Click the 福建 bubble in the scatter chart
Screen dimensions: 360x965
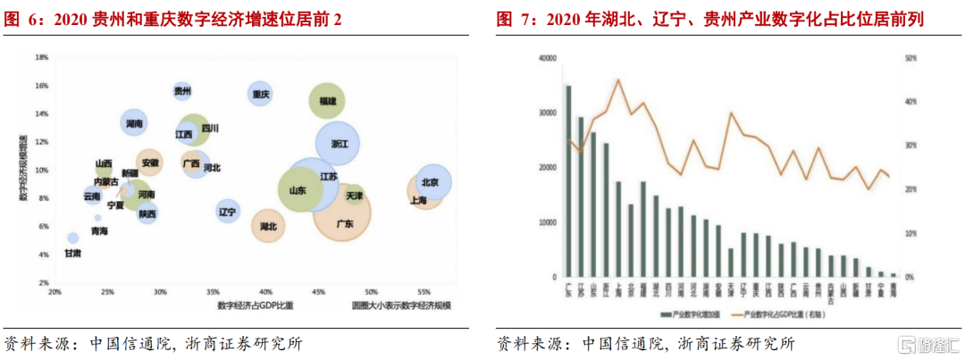(x=327, y=102)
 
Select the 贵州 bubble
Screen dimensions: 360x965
(x=182, y=91)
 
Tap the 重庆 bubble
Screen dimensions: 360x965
(x=261, y=93)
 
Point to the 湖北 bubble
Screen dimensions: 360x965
(x=268, y=227)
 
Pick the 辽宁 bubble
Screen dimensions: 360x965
(x=228, y=212)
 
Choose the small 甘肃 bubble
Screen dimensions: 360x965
(x=73, y=239)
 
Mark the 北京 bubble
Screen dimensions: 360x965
(x=433, y=181)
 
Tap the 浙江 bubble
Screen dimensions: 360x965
(x=338, y=143)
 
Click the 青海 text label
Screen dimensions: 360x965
(x=99, y=231)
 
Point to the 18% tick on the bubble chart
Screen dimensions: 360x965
(x=41, y=57)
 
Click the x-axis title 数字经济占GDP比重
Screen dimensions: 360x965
(x=256, y=306)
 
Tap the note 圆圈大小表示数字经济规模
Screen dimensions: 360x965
(x=401, y=306)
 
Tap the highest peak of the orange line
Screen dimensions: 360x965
(x=617, y=80)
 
